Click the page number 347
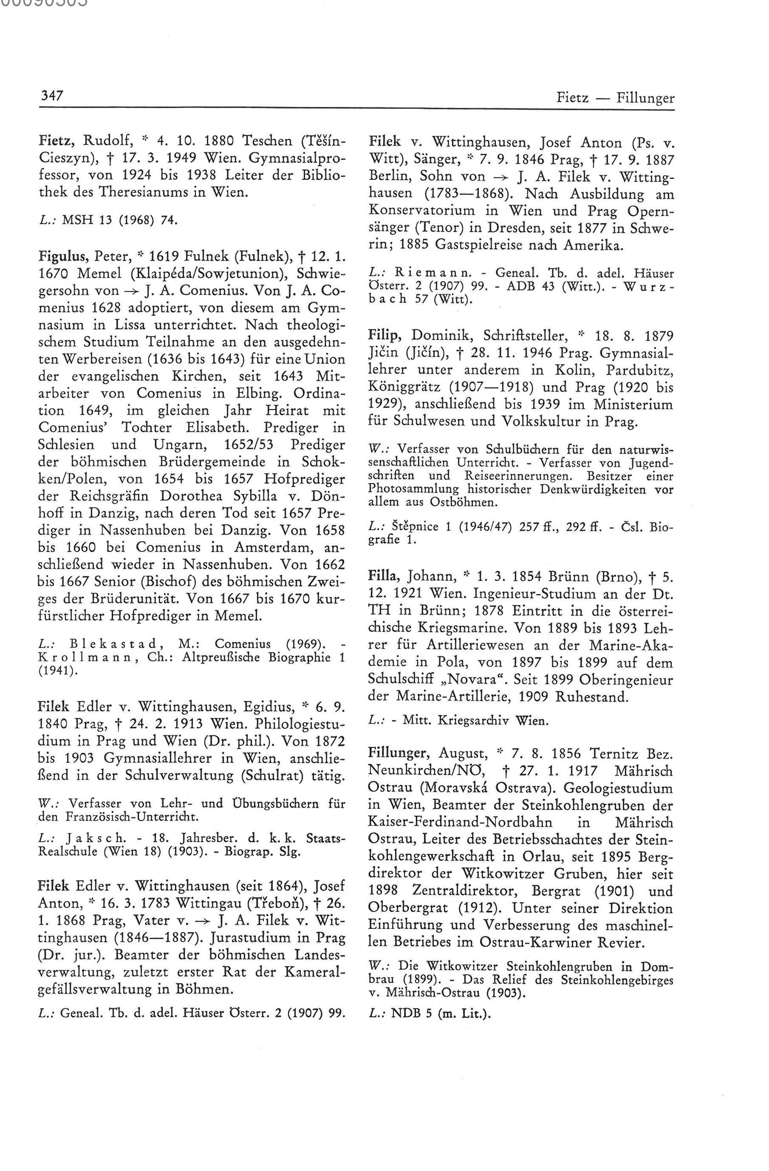(51, 95)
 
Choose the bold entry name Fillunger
(400, 753)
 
